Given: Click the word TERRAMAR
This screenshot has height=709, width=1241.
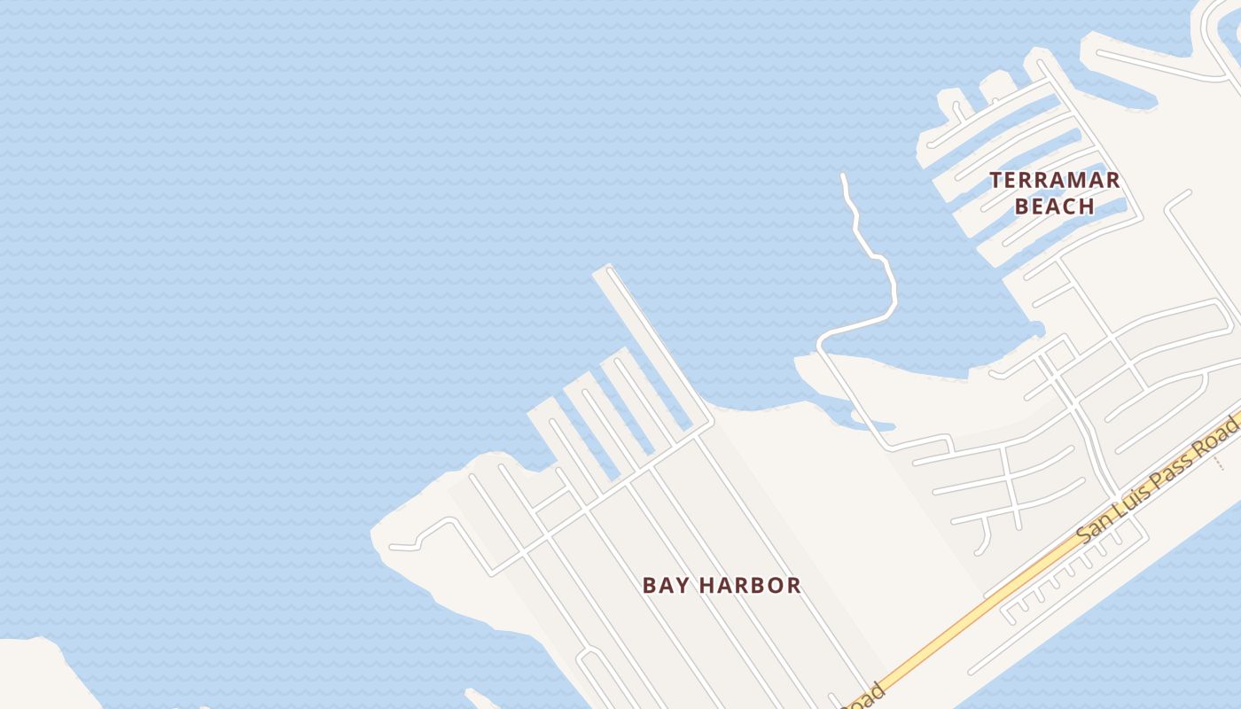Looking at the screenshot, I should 1054,181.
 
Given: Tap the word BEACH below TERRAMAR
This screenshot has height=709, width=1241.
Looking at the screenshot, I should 1054,206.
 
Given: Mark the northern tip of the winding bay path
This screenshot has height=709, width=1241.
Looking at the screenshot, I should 842,176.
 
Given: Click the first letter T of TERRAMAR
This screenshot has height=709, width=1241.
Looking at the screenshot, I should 995,181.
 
